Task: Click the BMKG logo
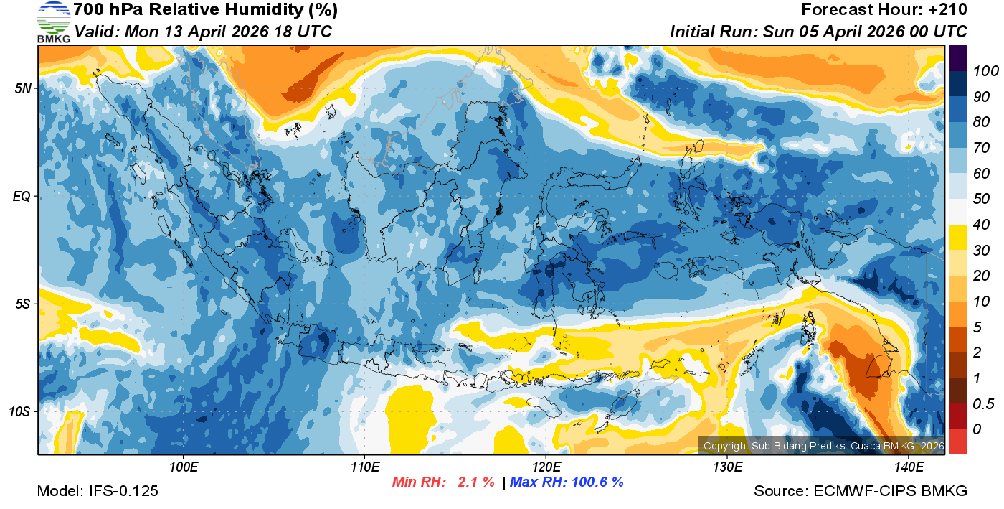tap(54, 22)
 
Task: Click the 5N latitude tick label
tap(23, 89)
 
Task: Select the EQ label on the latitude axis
tap(23, 197)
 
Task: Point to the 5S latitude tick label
tap(23, 304)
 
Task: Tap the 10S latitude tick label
tap(21, 412)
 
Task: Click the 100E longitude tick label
tap(184, 467)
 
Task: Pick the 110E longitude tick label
tap(365, 467)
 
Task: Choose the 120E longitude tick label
tap(546, 467)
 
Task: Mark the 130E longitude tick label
tap(727, 467)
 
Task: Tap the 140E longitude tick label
tap(909, 467)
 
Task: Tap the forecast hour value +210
tap(945, 10)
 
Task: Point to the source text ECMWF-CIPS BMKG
tap(891, 492)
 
